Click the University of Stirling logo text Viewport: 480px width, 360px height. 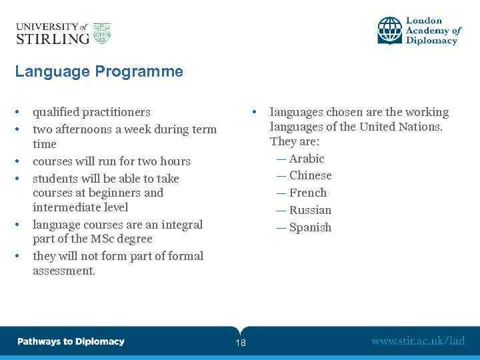click(52, 33)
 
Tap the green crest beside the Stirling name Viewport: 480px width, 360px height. click(102, 33)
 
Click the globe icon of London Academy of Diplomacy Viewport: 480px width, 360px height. click(390, 31)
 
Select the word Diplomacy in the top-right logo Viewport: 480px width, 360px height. click(432, 41)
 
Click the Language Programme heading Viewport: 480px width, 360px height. click(99, 71)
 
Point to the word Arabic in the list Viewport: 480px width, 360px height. click(307, 159)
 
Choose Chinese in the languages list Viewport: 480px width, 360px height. click(310, 175)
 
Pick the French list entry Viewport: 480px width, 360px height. click(308, 193)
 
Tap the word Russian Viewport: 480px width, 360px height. click(310, 210)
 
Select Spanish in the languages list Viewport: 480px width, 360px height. click(310, 227)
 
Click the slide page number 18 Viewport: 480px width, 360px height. click(240, 343)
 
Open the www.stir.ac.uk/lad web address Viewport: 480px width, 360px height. click(418, 341)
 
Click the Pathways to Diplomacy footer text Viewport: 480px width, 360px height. click(71, 341)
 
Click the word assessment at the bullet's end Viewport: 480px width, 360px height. click(63, 271)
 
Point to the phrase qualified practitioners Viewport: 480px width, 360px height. click(91, 112)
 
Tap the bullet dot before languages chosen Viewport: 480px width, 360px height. click(253, 112)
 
